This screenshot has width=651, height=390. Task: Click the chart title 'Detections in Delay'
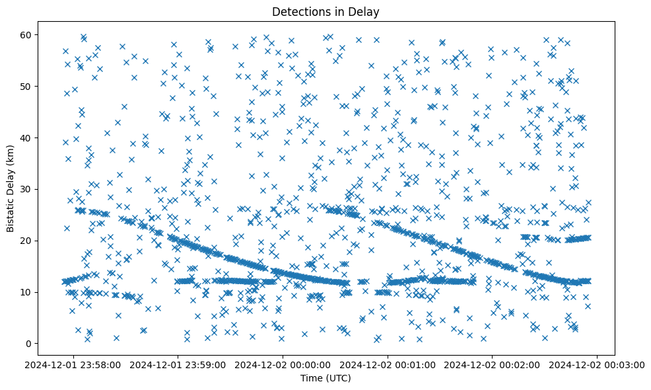coord(325,12)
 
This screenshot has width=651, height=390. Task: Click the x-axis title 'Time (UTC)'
coord(325,379)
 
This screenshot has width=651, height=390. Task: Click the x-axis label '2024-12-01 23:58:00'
coord(74,364)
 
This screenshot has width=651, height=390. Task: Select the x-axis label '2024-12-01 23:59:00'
coord(178,364)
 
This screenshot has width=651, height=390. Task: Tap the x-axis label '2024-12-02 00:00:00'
coord(283,364)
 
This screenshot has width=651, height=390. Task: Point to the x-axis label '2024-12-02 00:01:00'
coord(387,364)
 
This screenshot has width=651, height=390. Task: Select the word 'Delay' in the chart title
coord(366,12)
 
